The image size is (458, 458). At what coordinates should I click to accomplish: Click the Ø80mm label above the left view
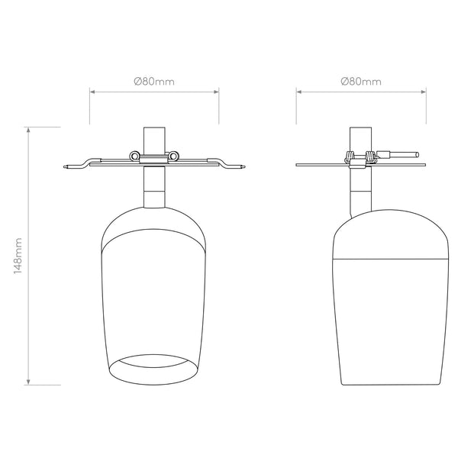(x=154, y=81)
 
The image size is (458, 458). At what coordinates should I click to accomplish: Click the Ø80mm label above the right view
(x=361, y=81)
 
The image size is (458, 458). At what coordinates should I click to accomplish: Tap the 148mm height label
(x=18, y=256)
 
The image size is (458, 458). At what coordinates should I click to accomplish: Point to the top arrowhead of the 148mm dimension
(x=28, y=130)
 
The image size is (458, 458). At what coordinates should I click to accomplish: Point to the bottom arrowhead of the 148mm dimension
(x=28, y=382)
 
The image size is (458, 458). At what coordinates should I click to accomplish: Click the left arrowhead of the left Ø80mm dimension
(x=92, y=92)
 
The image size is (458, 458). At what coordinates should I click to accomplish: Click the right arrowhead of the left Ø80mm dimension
(x=216, y=92)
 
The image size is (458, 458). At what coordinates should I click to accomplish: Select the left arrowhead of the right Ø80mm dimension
(x=299, y=92)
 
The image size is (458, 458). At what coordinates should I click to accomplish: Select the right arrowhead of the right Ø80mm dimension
(x=423, y=92)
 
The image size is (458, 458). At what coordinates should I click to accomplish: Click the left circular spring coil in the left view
(x=134, y=156)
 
